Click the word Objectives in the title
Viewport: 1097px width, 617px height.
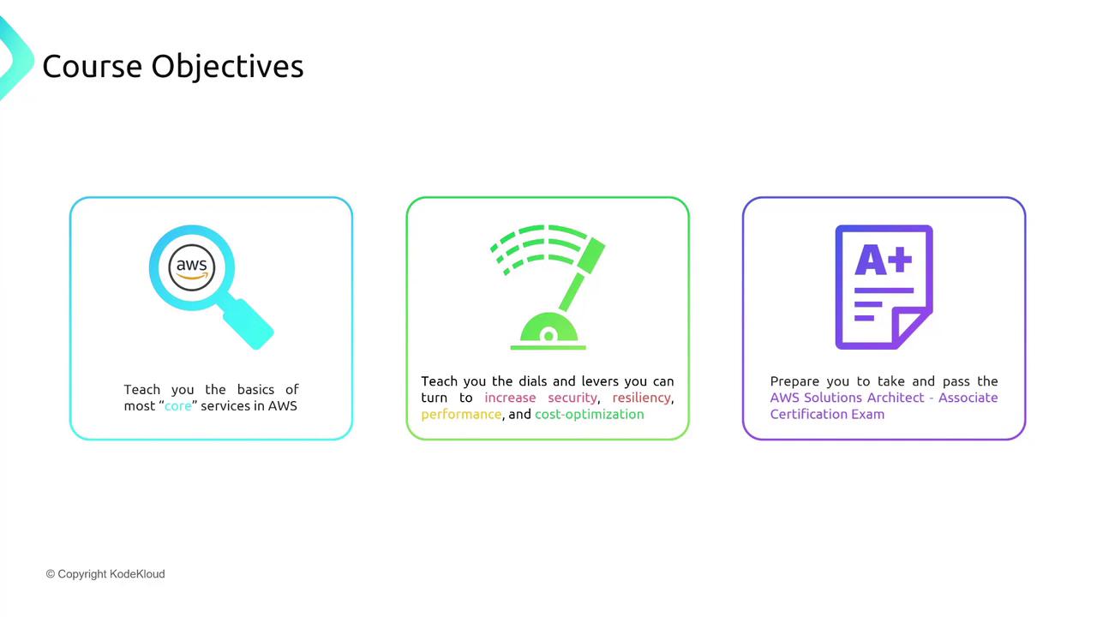tap(227, 67)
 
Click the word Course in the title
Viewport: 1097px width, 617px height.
tap(92, 66)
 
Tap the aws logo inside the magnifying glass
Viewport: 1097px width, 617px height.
tap(191, 267)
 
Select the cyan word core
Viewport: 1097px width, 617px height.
tap(177, 406)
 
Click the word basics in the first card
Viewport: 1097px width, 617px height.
tap(255, 389)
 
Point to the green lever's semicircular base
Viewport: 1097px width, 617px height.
tap(548, 327)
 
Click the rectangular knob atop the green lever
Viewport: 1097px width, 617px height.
tap(591, 255)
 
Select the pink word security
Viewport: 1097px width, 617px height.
tap(572, 398)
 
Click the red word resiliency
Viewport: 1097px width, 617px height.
tap(642, 398)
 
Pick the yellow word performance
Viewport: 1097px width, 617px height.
tap(461, 414)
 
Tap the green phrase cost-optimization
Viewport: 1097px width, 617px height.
tap(589, 414)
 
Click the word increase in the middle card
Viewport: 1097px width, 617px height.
tap(510, 398)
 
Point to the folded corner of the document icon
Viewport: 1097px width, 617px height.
tap(911, 328)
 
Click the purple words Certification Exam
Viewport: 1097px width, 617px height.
tap(827, 414)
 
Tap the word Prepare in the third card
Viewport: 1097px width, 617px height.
tap(794, 381)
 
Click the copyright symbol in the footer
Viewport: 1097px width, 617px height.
tap(50, 574)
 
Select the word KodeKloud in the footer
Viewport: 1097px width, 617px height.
tap(137, 574)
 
